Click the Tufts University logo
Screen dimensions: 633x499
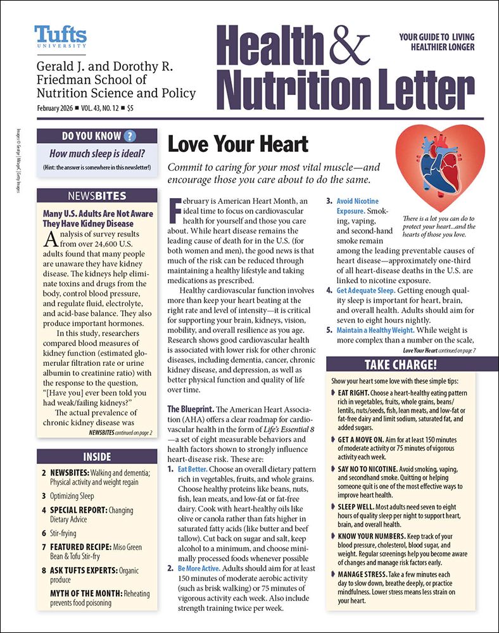pyautogui.click(x=61, y=37)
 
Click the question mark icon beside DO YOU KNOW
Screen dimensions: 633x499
pyautogui.click(x=130, y=135)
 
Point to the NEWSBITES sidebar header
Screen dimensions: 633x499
pyautogui.click(x=97, y=196)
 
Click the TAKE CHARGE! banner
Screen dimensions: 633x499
pyautogui.click(x=400, y=365)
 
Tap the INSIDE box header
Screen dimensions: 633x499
pyautogui.click(x=97, y=456)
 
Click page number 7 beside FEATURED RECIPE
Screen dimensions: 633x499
pyautogui.click(x=44, y=546)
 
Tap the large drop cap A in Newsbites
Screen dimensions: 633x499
pyautogui.click(x=53, y=239)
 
